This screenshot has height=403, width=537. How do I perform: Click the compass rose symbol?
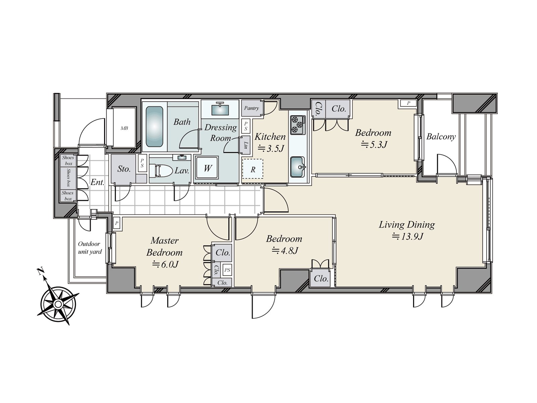click(x=58, y=304)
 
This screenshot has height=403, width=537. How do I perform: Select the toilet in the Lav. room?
click(x=160, y=170)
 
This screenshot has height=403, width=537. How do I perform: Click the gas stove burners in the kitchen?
click(x=298, y=124)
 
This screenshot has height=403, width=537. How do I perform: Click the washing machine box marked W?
click(x=207, y=168)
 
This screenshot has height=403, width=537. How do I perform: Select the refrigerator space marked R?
click(x=253, y=170)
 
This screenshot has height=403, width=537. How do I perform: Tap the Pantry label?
click(x=251, y=108)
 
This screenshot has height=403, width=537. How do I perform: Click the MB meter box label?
click(x=124, y=128)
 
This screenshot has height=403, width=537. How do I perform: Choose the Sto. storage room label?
click(x=124, y=169)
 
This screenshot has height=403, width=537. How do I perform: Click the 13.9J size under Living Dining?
click(x=407, y=236)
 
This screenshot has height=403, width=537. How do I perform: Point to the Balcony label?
click(x=441, y=137)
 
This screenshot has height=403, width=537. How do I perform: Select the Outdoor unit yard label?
click(x=90, y=248)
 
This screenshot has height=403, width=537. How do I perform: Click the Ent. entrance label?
click(x=98, y=182)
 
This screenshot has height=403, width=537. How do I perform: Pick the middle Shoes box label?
click(x=68, y=178)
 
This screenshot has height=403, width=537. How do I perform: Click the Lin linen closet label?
click(x=246, y=145)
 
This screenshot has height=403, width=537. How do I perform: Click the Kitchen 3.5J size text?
click(x=271, y=148)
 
